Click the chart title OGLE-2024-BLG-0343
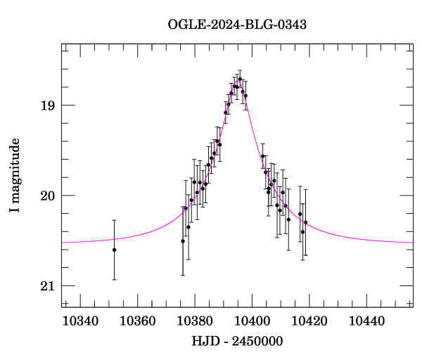pos(237,24)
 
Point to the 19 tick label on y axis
pos(47,105)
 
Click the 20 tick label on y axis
pos(47,195)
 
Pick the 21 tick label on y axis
pos(47,285)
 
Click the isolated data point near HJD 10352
pos(114,250)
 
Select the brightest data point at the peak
pos(240,79)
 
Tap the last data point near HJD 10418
pos(305,223)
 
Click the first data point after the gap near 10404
pos(262,156)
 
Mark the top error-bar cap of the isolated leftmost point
pos(114,220)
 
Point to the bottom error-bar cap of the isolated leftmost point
pos(114,280)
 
